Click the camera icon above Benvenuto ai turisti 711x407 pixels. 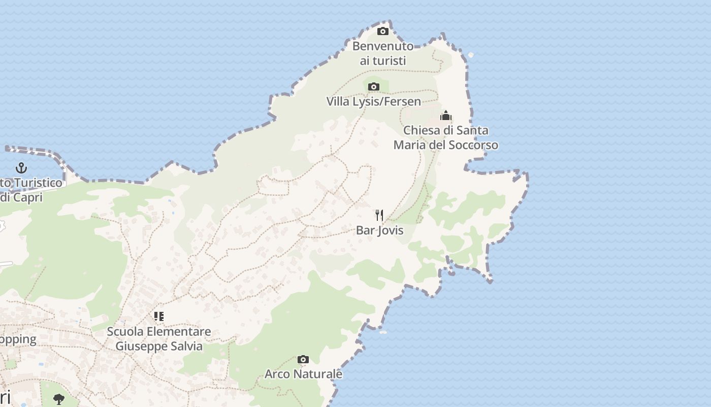[x=383, y=32]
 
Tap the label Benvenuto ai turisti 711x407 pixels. [x=383, y=53]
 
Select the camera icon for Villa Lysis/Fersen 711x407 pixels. [x=374, y=87]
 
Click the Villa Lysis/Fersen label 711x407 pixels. [x=374, y=101]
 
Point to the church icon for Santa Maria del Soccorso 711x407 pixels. [x=446, y=116]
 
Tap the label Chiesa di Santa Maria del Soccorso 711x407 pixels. [x=446, y=137]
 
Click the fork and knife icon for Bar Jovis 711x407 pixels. [x=379, y=215]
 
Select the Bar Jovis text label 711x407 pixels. [x=380, y=230]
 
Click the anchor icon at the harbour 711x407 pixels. [x=21, y=167]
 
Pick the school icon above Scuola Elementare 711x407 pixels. [x=159, y=317]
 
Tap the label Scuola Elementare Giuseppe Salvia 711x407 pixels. [x=159, y=339]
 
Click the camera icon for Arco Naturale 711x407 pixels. [x=303, y=360]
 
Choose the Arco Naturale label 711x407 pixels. [x=304, y=374]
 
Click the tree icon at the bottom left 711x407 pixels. [x=59, y=399]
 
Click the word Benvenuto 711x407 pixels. [x=383, y=46]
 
